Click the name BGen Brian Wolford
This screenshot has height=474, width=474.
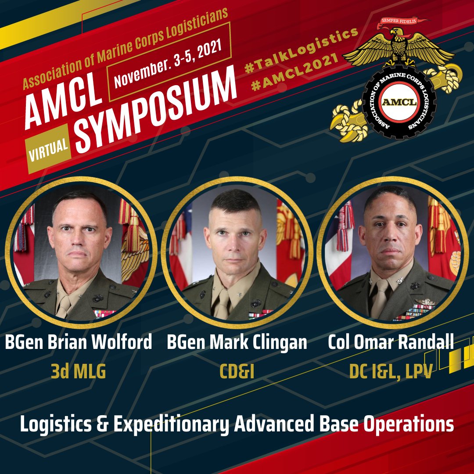pyautogui.click(x=79, y=342)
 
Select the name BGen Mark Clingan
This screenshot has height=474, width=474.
pyautogui.click(x=237, y=342)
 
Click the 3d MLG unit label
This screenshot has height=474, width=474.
pyautogui.click(x=79, y=372)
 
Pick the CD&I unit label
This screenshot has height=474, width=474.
pyautogui.click(x=237, y=372)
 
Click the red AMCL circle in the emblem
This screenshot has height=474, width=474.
pyautogui.click(x=398, y=101)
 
